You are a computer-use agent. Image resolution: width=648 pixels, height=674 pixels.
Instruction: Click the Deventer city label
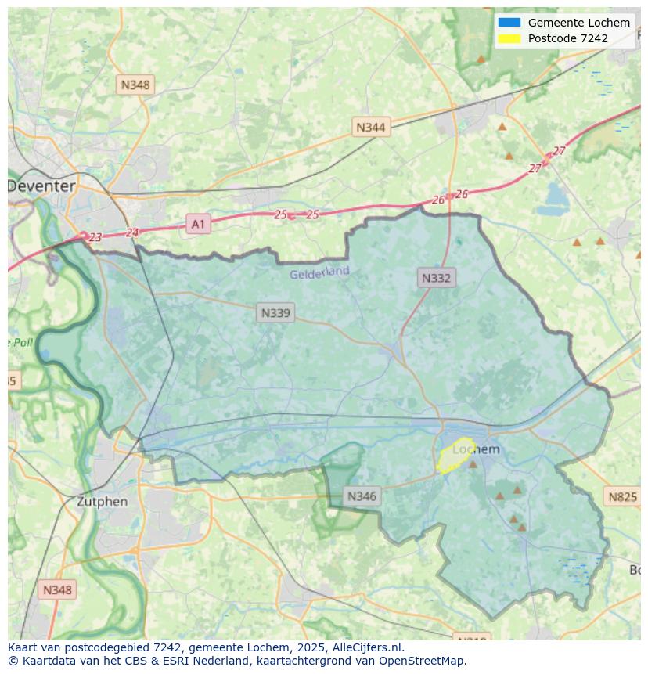point(42,186)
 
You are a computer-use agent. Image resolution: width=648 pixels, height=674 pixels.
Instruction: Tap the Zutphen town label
point(102,502)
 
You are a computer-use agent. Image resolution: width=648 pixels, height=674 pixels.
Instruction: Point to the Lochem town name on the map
point(477,449)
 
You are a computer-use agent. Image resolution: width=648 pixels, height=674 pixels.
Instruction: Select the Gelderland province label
point(319,273)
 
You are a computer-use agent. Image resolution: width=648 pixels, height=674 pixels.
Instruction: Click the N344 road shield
point(370,127)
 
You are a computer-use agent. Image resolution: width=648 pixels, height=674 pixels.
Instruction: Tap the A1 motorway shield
point(198,225)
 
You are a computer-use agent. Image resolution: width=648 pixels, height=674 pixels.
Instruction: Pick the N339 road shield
point(275,313)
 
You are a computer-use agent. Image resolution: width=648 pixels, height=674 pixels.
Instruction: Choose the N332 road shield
point(436,277)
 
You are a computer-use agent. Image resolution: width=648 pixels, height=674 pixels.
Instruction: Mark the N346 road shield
point(362,496)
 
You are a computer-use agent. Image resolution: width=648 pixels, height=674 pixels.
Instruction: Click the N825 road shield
point(622,496)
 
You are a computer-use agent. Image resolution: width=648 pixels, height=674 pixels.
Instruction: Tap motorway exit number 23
point(95,237)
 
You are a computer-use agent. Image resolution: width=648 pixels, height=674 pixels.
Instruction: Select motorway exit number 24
point(131,232)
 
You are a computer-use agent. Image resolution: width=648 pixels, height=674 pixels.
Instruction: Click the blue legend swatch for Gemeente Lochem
point(509,23)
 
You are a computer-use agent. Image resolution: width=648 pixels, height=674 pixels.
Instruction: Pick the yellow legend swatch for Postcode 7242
point(509,38)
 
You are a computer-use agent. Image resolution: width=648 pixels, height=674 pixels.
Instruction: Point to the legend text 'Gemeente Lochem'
point(578,23)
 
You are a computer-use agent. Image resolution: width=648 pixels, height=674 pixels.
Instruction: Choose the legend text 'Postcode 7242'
point(567,38)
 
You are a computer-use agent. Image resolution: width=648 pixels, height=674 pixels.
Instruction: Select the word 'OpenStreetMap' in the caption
point(424,661)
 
